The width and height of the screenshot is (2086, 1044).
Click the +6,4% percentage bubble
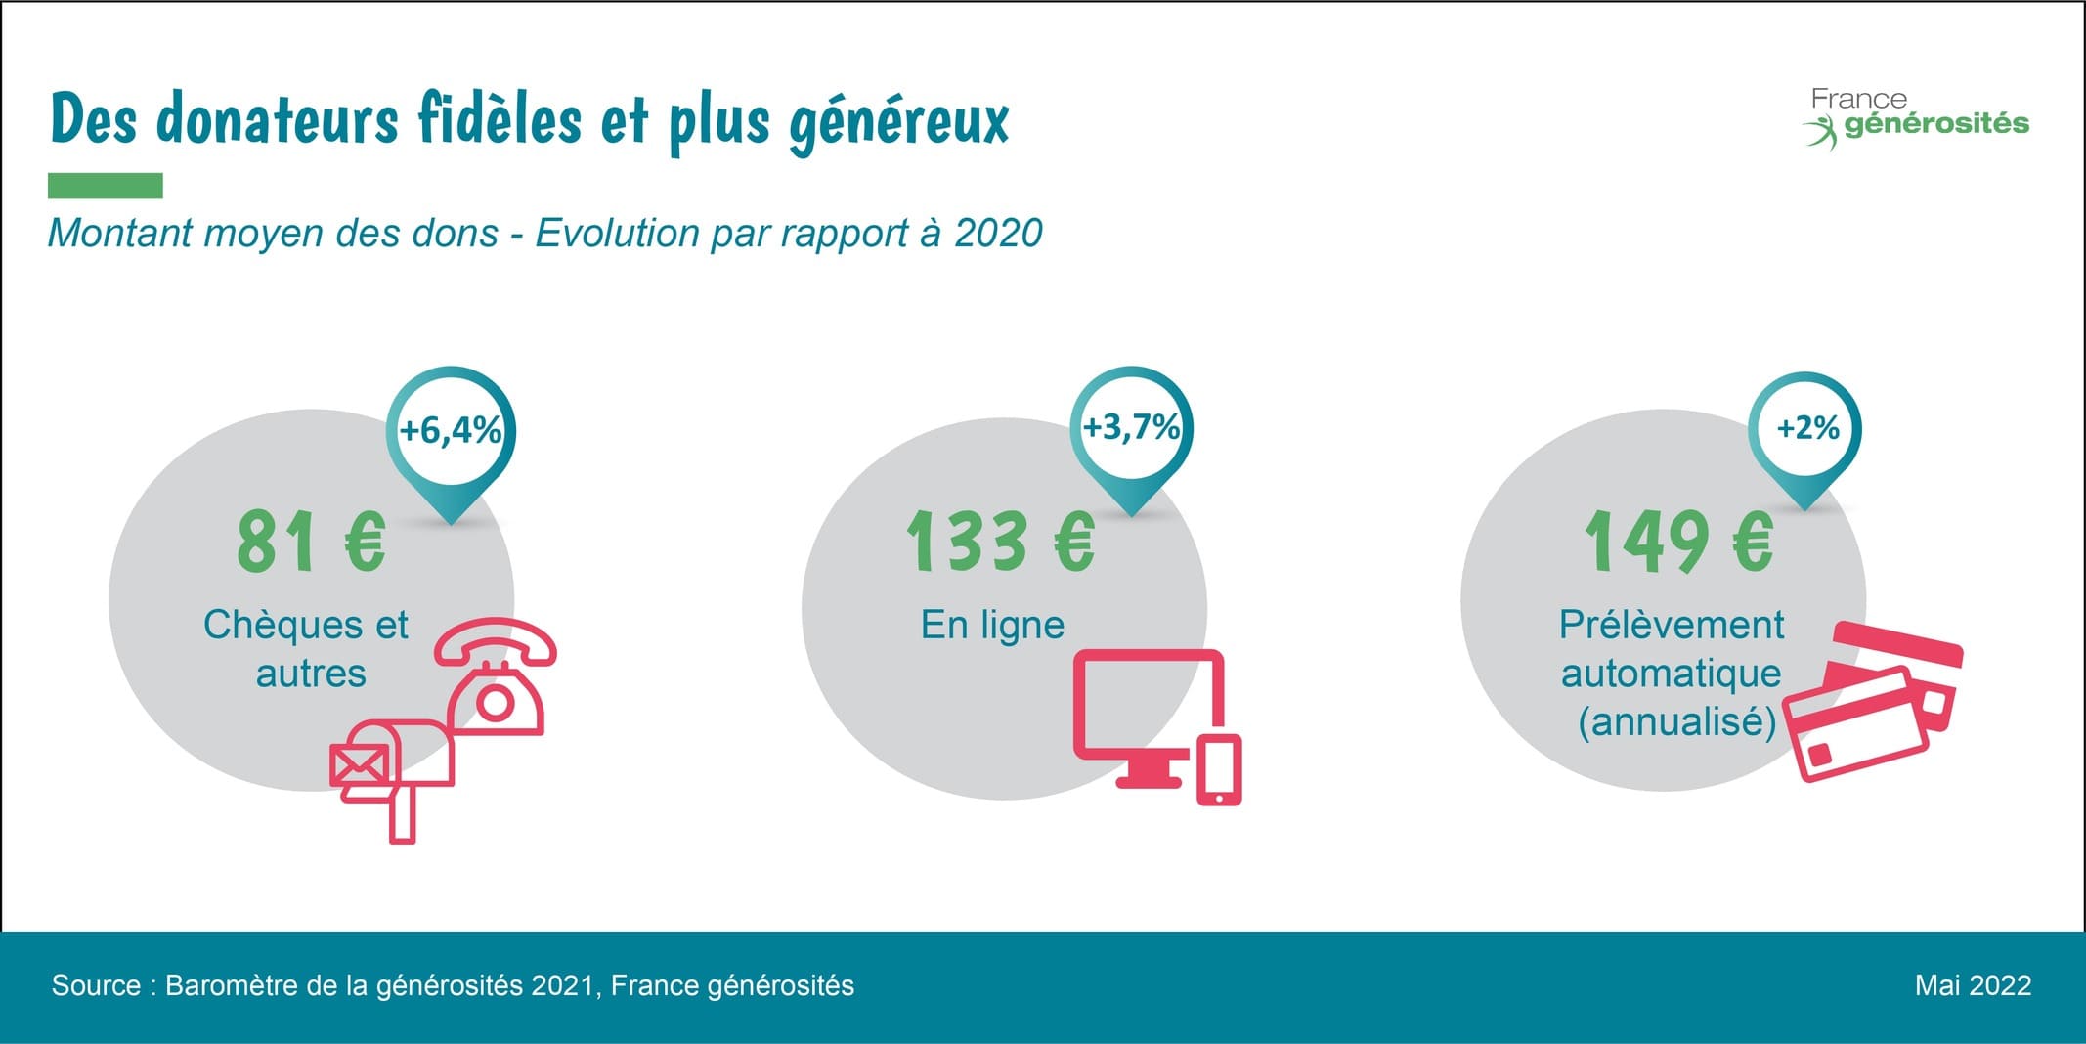pos(451,431)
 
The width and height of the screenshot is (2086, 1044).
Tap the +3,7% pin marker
pos(1131,428)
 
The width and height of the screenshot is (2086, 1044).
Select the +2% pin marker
pos(1806,428)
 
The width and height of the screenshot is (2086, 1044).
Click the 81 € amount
pos(312,542)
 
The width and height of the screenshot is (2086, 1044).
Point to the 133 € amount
pos(1000,542)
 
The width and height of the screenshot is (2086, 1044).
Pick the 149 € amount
pos(1677,542)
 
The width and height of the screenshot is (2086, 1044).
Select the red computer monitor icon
pos(1149,709)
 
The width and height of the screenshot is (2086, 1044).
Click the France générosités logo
pos(1916,117)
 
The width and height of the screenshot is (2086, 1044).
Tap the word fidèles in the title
pos(500,119)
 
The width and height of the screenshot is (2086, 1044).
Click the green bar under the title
pos(106,186)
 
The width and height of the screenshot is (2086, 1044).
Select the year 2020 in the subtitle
pos(998,234)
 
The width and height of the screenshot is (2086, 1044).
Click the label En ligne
pos(992,625)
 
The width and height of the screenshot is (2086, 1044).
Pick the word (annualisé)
pos(1676,721)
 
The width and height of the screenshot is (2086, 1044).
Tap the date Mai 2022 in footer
pos(1973,985)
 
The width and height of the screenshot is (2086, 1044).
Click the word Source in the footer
pos(96,985)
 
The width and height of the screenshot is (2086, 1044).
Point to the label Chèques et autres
pos(307,649)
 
